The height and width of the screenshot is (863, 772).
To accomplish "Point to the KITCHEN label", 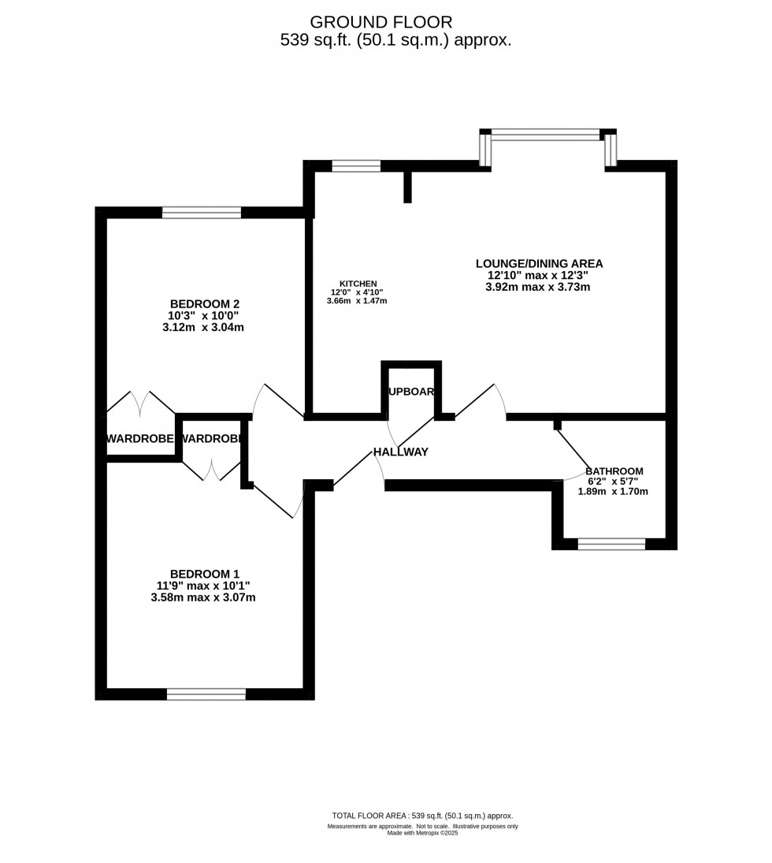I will [x=358, y=284].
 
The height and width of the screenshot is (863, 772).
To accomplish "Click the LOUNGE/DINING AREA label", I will [x=539, y=264].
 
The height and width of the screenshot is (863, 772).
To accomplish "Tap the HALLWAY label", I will [x=400, y=452].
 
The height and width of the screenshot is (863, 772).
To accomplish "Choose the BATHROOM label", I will [x=614, y=471].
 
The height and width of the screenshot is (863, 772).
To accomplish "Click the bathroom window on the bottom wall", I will [x=611, y=544].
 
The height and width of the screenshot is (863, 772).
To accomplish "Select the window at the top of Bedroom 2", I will [x=202, y=212].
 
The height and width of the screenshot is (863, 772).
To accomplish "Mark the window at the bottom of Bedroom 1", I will [x=206, y=694].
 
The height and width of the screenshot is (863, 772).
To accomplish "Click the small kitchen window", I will [x=356, y=166].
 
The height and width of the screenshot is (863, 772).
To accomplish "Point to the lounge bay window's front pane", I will [x=545, y=135].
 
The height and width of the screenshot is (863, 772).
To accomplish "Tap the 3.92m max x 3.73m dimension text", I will [x=539, y=287].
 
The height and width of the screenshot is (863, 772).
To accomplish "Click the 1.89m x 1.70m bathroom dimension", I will [x=613, y=492].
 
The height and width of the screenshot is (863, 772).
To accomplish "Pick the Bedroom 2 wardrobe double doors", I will [x=141, y=404].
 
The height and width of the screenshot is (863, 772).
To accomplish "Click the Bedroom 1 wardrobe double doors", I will [x=211, y=471].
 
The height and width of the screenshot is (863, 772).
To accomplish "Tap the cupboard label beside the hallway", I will [x=411, y=391].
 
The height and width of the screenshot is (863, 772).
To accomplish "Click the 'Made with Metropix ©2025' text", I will [x=422, y=833].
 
